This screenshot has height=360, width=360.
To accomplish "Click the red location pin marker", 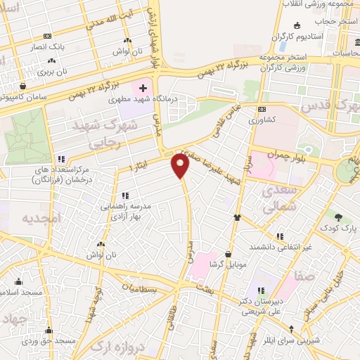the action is [x=181, y=166].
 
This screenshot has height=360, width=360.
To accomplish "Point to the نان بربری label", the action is [x=52, y=71].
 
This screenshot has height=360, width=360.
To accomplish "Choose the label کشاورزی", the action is [x=263, y=120].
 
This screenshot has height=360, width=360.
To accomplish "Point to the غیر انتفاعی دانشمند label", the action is [x=281, y=247].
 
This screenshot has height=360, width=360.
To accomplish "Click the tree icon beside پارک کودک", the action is [x=339, y=217].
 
